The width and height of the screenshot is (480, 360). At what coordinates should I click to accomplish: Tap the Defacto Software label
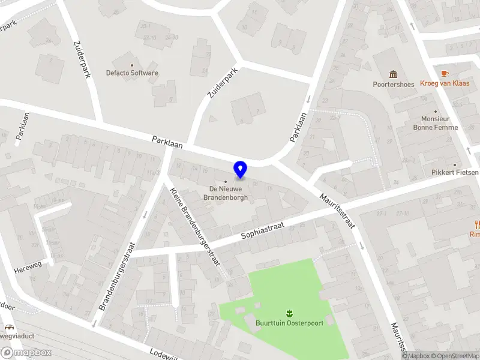[x=133, y=73]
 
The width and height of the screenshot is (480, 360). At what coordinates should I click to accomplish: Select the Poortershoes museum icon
[x=394, y=74]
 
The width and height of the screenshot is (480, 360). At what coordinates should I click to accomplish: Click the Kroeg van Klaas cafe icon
[x=445, y=73]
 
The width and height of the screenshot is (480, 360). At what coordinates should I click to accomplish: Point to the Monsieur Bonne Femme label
[x=436, y=123]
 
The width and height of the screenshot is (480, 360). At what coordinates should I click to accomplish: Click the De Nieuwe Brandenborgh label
[x=225, y=193]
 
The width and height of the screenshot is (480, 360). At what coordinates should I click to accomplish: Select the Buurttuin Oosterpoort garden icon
[x=289, y=313]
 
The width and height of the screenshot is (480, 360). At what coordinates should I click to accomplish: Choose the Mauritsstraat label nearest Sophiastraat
[x=338, y=211]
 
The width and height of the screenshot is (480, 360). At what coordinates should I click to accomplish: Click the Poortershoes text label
[x=394, y=85]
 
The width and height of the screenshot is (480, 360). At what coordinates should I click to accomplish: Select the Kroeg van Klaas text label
[x=445, y=83]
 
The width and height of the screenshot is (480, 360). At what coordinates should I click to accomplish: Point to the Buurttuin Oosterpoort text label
[x=289, y=323]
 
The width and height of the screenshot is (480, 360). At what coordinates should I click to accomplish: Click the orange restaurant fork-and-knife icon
[x=477, y=225]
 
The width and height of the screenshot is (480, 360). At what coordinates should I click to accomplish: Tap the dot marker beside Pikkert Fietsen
[x=455, y=164]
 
